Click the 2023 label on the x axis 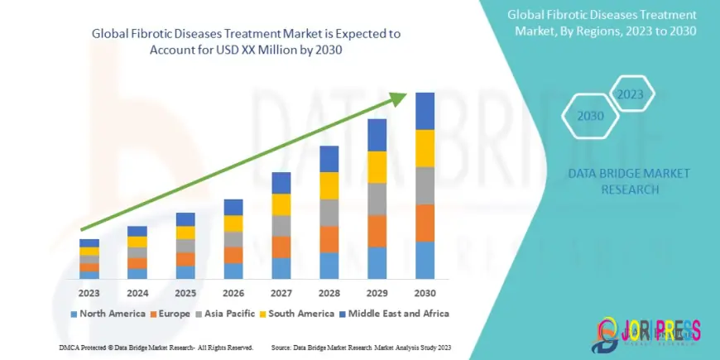[89, 294]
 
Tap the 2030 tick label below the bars [425, 294]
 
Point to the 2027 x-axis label [281, 294]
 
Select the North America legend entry [105, 314]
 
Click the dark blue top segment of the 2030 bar [425, 111]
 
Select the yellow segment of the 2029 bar [377, 167]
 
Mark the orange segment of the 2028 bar [329, 239]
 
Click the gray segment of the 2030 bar [425, 185]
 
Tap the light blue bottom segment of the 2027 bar [281, 268]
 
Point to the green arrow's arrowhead [399, 98]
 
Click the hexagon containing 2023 [631, 94]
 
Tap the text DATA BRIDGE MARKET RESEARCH [629, 181]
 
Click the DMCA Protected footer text [156, 348]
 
